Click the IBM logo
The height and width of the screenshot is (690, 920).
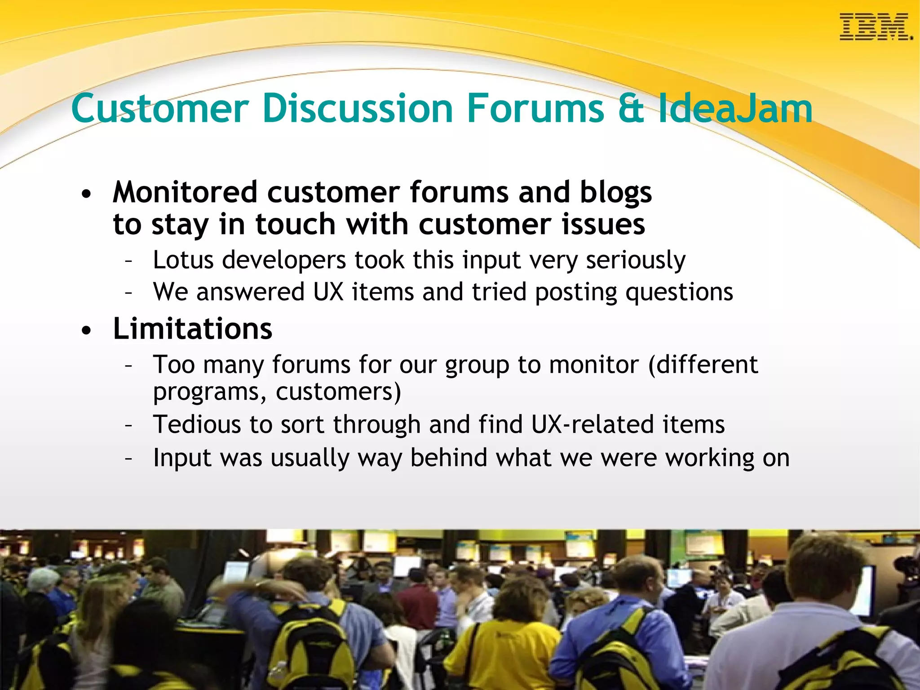(875, 27)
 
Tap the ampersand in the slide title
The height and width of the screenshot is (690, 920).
(631, 109)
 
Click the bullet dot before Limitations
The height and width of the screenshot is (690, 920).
(86, 331)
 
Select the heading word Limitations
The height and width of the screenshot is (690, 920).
(193, 328)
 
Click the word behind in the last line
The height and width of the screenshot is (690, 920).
(449, 458)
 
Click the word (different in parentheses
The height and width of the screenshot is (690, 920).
(703, 364)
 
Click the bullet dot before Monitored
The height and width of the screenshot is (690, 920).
(86, 195)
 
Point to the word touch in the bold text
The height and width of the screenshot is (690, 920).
(296, 224)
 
